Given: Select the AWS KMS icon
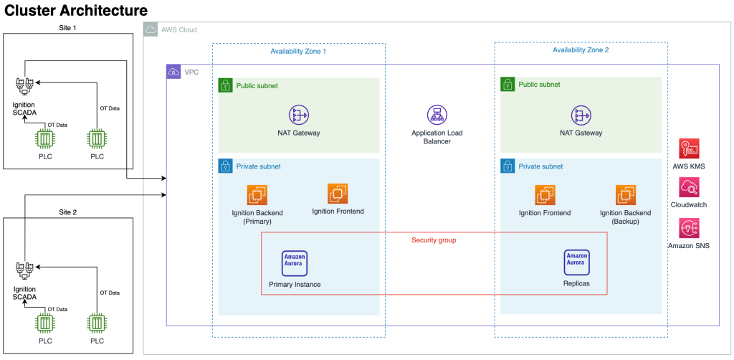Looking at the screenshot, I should pyautogui.click(x=689, y=149).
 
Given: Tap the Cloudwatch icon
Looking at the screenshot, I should pyautogui.click(x=689, y=188).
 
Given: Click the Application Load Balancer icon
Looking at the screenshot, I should pyautogui.click(x=437, y=115).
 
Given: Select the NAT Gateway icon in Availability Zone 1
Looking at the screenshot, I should pyautogui.click(x=298, y=115).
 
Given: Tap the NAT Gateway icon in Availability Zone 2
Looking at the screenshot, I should pyautogui.click(x=581, y=115).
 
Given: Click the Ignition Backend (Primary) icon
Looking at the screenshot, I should pyautogui.click(x=257, y=194).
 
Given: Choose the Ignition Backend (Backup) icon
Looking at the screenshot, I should pyautogui.click(x=625, y=194).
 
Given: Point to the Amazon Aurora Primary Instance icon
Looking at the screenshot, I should pyautogui.click(x=295, y=263).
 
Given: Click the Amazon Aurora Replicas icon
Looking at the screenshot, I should pyautogui.click(x=576, y=262).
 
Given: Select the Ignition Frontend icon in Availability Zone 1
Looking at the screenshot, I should pyautogui.click(x=338, y=194).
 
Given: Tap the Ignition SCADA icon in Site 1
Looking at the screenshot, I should pyautogui.click(x=24, y=87).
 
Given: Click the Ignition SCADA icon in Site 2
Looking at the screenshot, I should pyautogui.click(x=24, y=270).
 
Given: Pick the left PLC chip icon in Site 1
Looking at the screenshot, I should pyautogui.click(x=47, y=139).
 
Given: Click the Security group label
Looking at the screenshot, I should pyautogui.click(x=434, y=240).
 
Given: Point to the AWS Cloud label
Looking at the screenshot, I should pyautogui.click(x=178, y=30).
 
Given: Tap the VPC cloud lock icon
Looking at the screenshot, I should pyautogui.click(x=173, y=72).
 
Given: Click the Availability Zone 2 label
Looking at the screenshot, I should pyautogui.click(x=581, y=50).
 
